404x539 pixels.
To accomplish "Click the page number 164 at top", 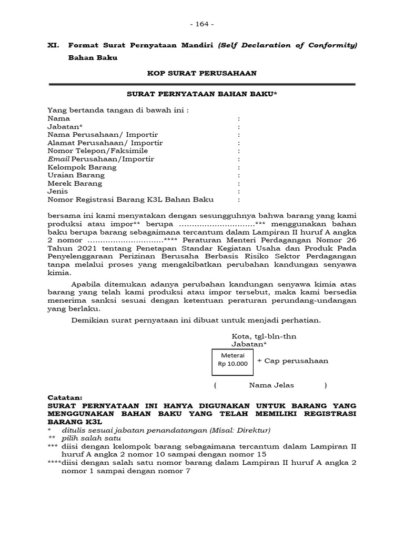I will [x=201, y=24].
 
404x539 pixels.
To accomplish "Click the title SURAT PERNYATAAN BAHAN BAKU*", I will [x=201, y=94].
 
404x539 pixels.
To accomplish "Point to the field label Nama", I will [x=58, y=118].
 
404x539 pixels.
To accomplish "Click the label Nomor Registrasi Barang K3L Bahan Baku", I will [x=131, y=199].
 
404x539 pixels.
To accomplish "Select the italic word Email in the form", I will [x=58, y=159].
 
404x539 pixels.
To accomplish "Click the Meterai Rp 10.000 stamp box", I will [x=233, y=360].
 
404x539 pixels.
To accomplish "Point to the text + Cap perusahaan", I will [x=292, y=361].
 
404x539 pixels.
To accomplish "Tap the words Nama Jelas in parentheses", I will [x=271, y=385].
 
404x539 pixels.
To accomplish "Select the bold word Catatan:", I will [x=65, y=397].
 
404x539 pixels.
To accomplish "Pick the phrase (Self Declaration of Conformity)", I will [x=287, y=45].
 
